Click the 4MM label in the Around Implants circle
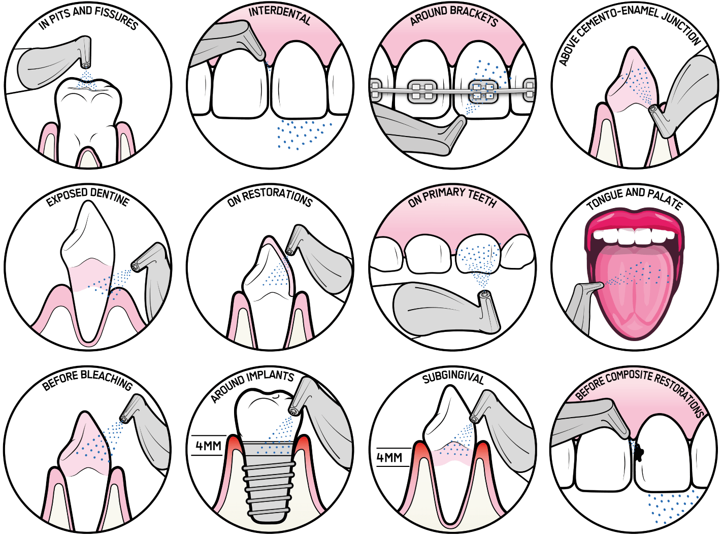pyautogui.click(x=208, y=446)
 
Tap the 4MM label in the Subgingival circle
pyautogui.click(x=389, y=458)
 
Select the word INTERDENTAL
pyautogui.click(x=280, y=15)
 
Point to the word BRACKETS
pyautogui.click(x=476, y=16)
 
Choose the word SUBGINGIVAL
pyautogui.click(x=453, y=379)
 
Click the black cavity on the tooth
pyautogui.click(x=639, y=451)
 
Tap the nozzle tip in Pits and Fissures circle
pyautogui.click(x=86, y=65)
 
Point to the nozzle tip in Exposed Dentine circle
pyautogui.click(x=136, y=266)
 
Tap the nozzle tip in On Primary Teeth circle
pyautogui.click(x=485, y=294)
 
